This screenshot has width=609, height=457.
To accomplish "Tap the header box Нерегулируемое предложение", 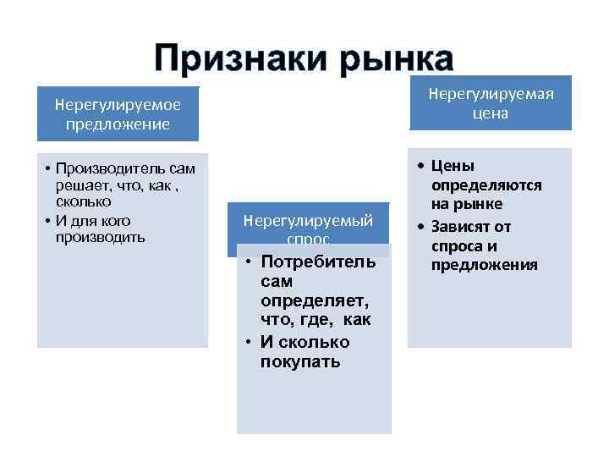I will [118, 114].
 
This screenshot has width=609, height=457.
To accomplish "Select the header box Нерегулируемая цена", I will [491, 102].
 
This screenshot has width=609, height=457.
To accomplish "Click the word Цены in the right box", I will [453, 165].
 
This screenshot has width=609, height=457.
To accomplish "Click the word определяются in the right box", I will [486, 185].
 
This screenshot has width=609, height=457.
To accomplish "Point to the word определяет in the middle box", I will [310, 300].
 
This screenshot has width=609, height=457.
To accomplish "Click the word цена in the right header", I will [491, 113].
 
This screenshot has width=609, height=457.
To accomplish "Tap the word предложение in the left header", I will [118, 124].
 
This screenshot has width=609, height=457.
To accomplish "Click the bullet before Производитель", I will [51, 169].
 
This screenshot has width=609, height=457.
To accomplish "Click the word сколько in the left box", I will [85, 203].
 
